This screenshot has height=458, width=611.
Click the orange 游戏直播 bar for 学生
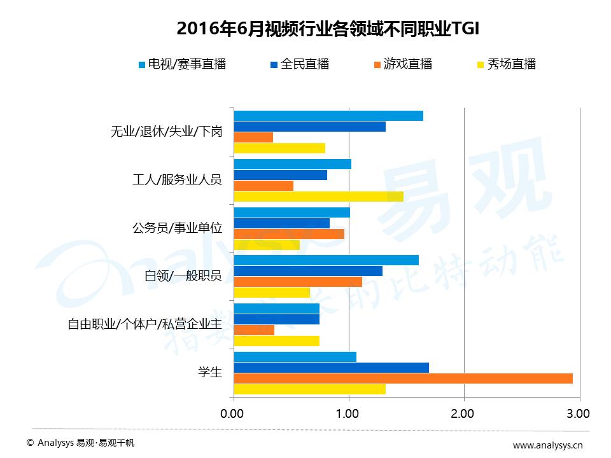(403, 378)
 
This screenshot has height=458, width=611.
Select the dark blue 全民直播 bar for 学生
(331, 368)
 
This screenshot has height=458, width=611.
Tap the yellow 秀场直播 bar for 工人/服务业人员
(318, 197)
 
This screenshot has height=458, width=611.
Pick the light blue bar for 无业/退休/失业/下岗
(328, 116)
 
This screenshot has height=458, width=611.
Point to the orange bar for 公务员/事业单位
(289, 234)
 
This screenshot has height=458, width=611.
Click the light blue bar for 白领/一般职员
(326, 260)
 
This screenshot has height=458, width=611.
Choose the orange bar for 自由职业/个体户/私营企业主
(254, 330)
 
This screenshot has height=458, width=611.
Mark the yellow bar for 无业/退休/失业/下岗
(279, 148)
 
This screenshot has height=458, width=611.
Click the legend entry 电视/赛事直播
(182, 64)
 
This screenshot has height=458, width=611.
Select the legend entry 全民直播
(300, 64)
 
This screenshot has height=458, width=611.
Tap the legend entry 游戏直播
(403, 64)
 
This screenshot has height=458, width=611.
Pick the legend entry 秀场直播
(507, 64)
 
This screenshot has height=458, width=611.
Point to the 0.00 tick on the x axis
(232, 414)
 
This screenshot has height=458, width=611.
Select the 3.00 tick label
(578, 414)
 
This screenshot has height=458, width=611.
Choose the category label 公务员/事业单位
(178, 228)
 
